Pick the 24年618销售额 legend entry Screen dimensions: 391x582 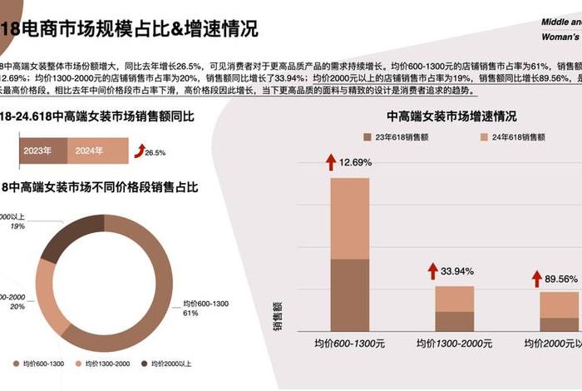pyautogui.click(x=515, y=137)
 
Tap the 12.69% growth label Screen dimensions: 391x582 pyautogui.click(x=355, y=162)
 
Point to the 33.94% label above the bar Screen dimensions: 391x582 pyautogui.click(x=456, y=271)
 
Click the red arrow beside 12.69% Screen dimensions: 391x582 pyautogui.click(x=330, y=161)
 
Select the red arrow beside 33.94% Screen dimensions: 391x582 pyautogui.click(x=432, y=270)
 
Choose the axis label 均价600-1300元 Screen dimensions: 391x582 pyautogui.click(x=349, y=343)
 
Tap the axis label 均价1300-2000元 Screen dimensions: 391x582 pyautogui.click(x=454, y=343)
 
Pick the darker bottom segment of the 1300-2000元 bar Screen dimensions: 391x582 pyautogui.click(x=454, y=322)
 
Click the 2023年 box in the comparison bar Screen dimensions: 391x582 pyautogui.click(x=37, y=151)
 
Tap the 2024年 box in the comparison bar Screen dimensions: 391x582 pyautogui.click(x=89, y=151)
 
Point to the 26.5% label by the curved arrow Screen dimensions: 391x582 pyautogui.click(x=155, y=153)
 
